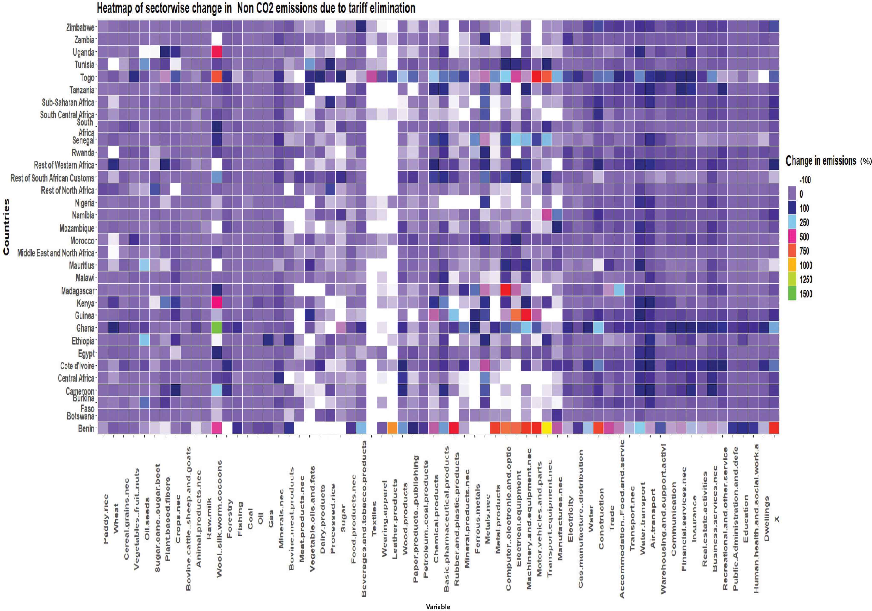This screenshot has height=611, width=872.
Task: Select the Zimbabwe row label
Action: point(80,27)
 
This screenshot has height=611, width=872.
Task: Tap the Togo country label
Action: point(87,77)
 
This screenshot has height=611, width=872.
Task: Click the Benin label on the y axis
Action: point(86,428)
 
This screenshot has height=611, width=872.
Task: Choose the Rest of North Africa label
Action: point(68,190)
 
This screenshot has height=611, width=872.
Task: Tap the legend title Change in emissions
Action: point(821,161)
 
